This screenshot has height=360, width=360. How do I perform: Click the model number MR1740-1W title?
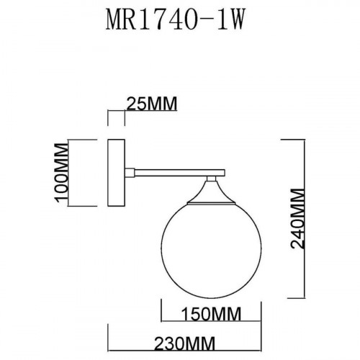(x=179, y=19)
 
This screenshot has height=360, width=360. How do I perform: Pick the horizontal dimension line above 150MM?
(x=195, y=303)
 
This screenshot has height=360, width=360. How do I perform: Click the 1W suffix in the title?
(x=229, y=19)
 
